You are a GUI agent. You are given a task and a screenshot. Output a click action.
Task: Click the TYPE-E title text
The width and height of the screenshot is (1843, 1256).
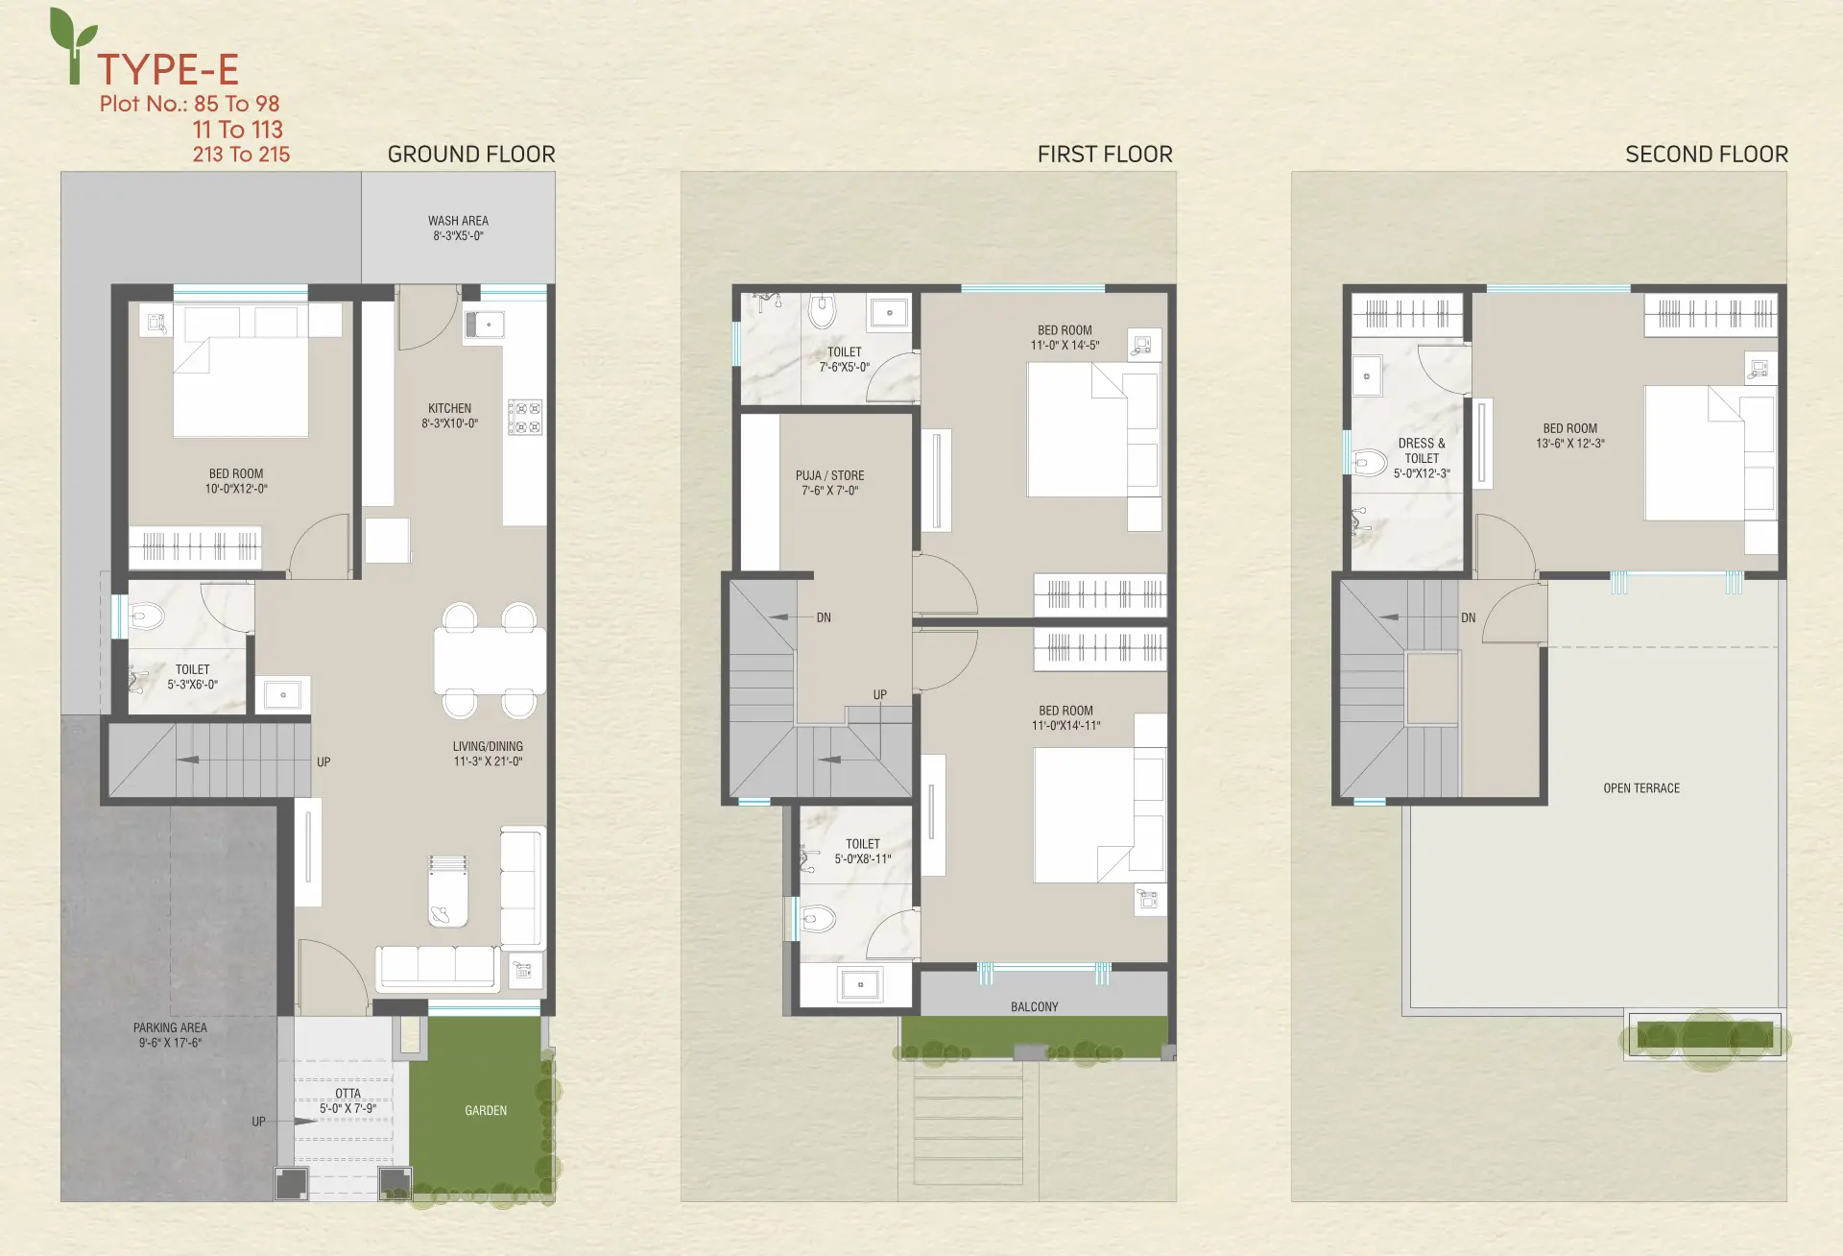point(168,69)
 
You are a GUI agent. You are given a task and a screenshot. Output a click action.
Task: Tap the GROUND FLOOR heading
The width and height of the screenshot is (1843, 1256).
point(471,155)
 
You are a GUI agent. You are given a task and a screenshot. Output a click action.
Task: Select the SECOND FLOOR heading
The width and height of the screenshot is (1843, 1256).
point(1707,155)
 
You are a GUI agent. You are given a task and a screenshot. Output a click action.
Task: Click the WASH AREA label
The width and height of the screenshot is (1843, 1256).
point(458,221)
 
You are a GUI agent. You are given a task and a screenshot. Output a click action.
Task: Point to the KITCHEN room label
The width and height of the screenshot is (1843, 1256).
point(449,408)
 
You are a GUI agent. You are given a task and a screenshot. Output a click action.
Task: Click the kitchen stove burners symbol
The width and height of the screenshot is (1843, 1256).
point(525,417)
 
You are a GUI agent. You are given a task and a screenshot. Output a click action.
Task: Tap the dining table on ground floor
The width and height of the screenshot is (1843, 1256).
point(490,661)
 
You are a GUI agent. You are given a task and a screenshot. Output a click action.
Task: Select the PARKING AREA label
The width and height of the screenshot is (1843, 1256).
point(170,1027)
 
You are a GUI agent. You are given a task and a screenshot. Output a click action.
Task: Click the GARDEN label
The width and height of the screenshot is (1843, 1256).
point(486,1111)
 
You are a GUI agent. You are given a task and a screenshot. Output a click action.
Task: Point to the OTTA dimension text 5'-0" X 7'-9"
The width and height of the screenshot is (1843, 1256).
point(347,1109)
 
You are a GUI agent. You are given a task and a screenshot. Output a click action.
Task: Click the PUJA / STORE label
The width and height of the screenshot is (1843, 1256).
point(829,475)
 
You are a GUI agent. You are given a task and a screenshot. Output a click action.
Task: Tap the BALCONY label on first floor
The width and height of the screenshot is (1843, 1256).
point(1034,1007)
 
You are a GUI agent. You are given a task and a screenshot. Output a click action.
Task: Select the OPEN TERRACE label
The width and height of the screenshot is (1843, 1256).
point(1641,788)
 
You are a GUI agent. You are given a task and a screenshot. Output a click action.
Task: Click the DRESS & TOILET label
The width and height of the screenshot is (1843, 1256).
point(1422,450)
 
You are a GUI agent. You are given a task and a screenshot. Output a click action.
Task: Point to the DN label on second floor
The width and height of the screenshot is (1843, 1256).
point(1468,617)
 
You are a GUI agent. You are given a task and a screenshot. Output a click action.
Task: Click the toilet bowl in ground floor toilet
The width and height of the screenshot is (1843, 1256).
point(146,615)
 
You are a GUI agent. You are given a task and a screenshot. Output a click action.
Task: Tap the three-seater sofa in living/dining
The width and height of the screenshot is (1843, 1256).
point(437,968)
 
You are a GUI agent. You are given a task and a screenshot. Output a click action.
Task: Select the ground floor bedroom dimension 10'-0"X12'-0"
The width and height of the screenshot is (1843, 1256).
point(236,489)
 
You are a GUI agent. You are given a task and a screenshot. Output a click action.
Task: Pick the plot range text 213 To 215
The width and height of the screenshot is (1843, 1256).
point(241,155)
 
